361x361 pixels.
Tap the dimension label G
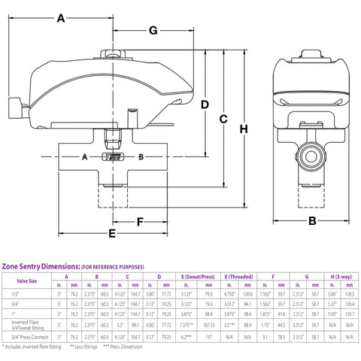(x=152, y=31)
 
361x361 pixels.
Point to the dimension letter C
(x=223, y=119)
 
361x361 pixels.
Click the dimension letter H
(x=244, y=129)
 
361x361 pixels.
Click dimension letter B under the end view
(x=311, y=220)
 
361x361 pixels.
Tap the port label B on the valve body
(x=141, y=156)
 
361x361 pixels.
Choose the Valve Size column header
(x=23, y=281)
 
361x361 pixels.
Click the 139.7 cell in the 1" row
(x=349, y=312)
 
